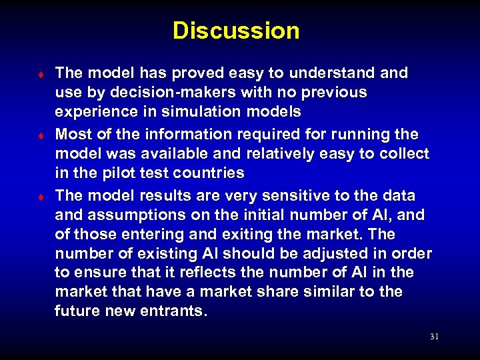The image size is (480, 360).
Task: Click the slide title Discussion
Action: pos(236,31)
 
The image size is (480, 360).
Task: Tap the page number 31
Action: pos(434,337)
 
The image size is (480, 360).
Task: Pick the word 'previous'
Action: pos(329,91)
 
